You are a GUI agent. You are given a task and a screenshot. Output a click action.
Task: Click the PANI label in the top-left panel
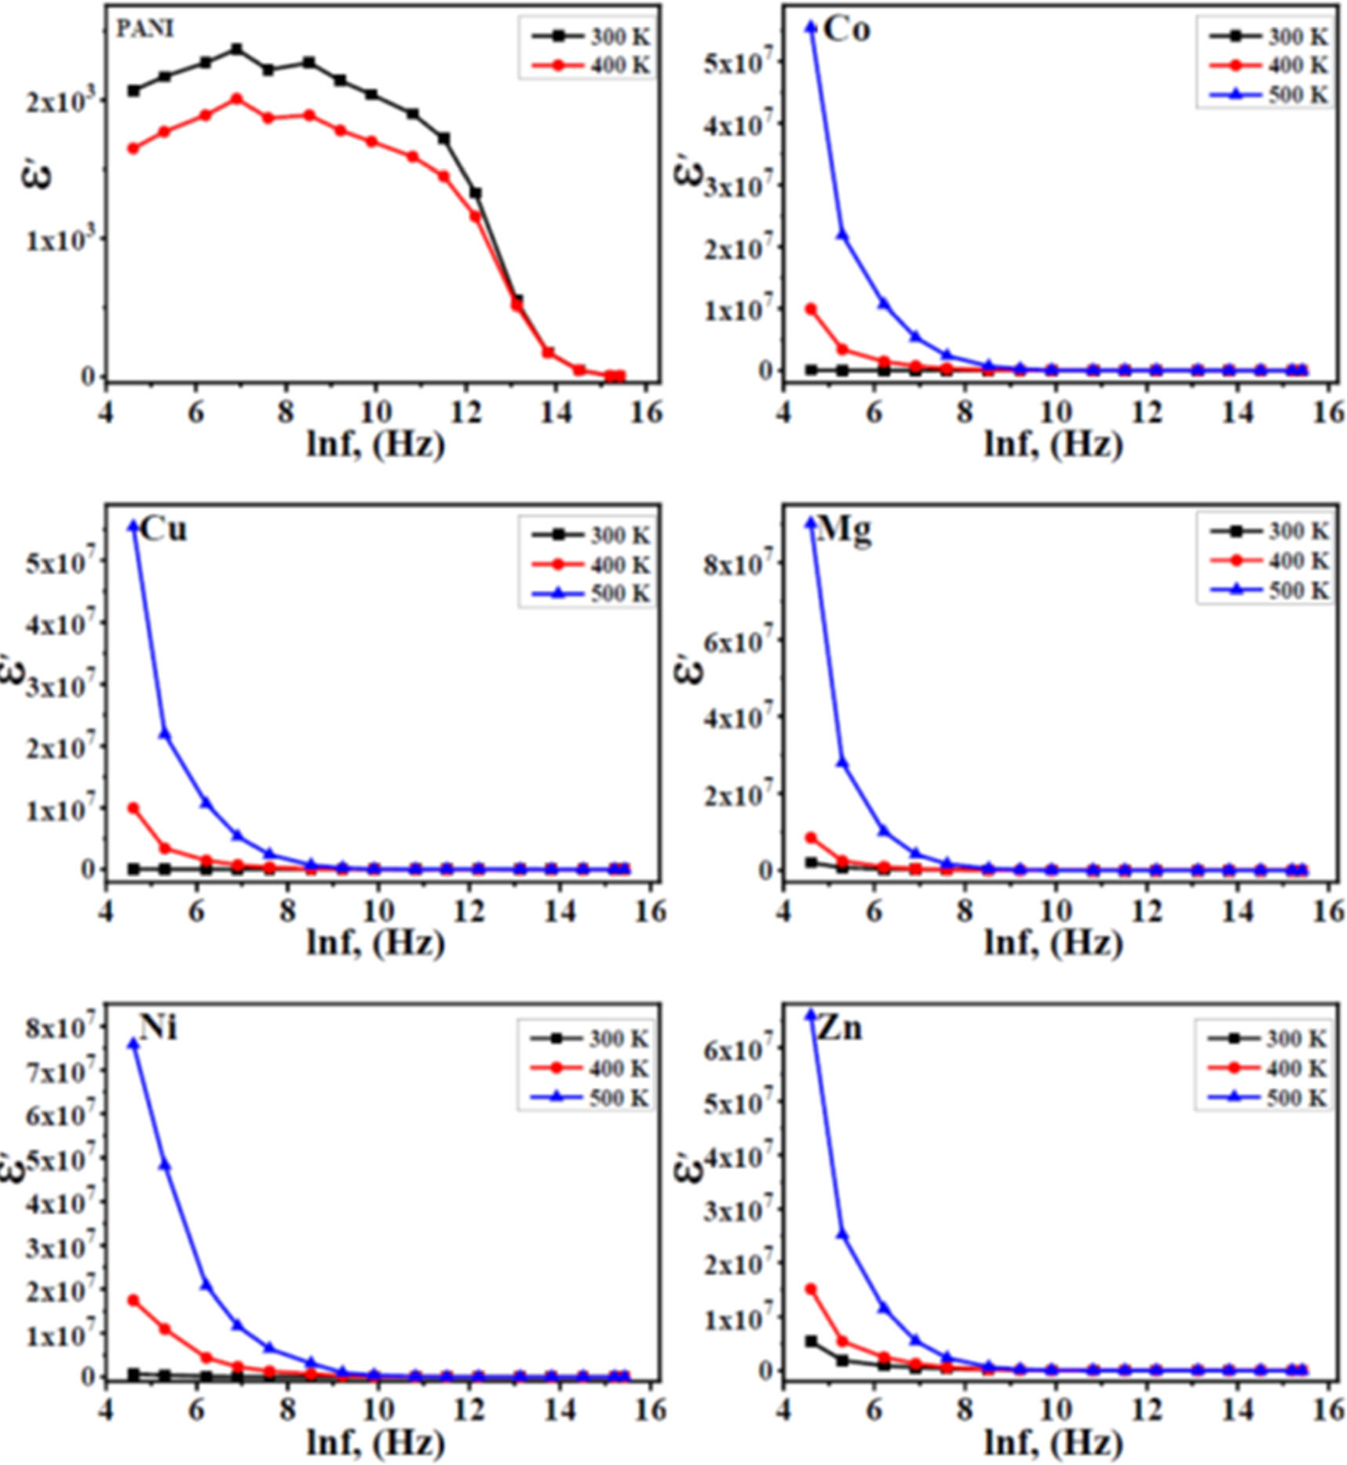(145, 29)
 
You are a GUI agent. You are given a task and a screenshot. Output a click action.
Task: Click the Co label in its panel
(847, 30)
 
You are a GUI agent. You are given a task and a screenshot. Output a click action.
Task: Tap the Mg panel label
(844, 530)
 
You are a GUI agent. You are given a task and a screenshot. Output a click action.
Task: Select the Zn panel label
(839, 1028)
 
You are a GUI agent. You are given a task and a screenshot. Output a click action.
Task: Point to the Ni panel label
(158, 1027)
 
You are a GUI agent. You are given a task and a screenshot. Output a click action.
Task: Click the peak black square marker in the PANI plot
(237, 49)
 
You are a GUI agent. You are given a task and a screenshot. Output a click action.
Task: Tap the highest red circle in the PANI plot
(237, 99)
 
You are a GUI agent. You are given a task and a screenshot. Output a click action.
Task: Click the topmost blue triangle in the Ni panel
(133, 1044)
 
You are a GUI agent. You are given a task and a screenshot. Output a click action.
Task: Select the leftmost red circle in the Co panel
(811, 309)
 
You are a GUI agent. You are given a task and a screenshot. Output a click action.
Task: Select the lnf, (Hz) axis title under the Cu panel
(375, 942)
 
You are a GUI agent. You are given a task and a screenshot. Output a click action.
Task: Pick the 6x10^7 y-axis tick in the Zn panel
(740, 1049)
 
